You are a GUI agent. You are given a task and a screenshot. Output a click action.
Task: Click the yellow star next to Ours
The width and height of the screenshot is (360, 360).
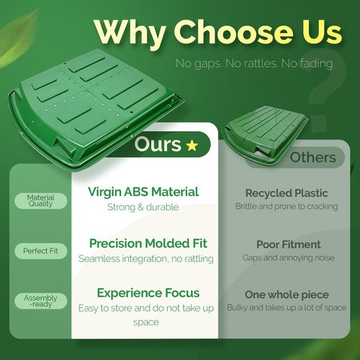point(192,145)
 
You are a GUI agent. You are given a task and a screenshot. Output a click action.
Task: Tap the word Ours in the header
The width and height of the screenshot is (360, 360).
point(158,144)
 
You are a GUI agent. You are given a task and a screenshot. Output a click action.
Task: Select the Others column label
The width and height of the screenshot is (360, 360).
point(313,158)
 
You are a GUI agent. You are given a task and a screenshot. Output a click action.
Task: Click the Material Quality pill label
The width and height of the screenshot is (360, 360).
point(40,201)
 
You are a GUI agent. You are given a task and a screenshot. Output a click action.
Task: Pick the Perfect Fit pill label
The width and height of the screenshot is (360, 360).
point(40,251)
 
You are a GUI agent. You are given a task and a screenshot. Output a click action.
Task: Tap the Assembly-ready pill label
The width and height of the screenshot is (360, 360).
point(40,301)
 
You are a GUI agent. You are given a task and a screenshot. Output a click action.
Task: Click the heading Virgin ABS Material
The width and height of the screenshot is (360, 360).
point(143,192)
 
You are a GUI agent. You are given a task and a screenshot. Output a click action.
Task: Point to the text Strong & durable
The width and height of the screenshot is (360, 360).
point(143,207)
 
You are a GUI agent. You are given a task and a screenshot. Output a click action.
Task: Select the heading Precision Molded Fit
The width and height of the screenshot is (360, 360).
point(148,243)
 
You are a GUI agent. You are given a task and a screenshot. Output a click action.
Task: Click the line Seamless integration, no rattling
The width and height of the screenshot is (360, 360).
point(146,258)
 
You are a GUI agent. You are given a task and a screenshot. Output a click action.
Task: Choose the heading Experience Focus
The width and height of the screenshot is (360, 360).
point(148,293)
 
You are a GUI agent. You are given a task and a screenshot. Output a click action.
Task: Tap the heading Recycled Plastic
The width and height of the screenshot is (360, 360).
point(287,193)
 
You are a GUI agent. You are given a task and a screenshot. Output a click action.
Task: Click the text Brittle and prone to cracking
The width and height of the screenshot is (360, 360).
point(287,206)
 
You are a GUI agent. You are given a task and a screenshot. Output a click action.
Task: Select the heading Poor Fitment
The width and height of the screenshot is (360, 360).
point(289,245)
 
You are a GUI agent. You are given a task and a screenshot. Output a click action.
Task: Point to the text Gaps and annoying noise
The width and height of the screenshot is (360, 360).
point(289,258)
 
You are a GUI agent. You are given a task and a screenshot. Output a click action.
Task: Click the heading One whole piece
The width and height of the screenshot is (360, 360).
point(287,295)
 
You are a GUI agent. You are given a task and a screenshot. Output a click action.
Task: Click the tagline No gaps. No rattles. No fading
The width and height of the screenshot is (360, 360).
point(254,63)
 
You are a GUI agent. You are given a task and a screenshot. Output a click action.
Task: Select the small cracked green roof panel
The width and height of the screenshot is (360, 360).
point(264,135)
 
